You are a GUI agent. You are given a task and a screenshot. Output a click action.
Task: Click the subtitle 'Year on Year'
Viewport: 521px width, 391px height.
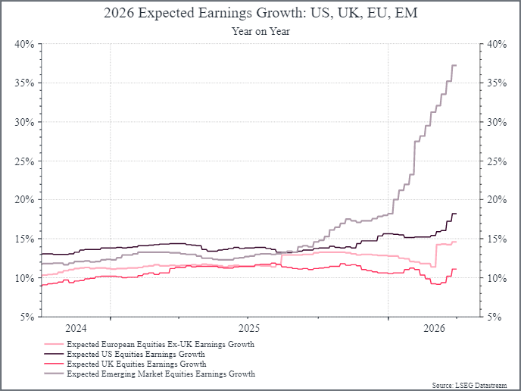[260, 31]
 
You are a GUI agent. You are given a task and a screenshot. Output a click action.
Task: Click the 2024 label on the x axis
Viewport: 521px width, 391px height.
[76, 328]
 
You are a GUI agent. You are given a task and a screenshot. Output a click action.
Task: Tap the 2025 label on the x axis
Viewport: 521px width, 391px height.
[249, 328]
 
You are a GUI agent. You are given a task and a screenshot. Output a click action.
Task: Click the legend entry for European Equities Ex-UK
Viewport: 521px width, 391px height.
[161, 344]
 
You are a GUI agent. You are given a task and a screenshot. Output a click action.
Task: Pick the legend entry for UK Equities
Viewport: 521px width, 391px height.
[136, 364]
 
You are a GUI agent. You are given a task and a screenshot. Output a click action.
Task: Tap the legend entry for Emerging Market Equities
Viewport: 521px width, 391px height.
[161, 374]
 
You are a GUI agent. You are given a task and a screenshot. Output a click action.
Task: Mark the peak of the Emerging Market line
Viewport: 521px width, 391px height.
[454, 65]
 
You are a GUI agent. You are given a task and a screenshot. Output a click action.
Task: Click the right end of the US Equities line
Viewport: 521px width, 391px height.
[456, 214]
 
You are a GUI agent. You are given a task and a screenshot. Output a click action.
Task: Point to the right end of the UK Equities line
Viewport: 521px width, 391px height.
[456, 269]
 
